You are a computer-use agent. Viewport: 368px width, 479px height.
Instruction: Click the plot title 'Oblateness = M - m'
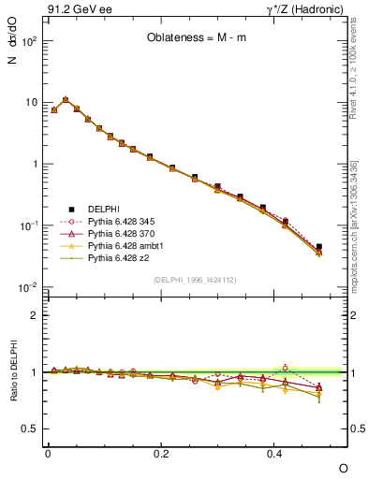click(196, 38)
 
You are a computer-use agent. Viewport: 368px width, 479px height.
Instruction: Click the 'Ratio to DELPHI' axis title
click(13, 372)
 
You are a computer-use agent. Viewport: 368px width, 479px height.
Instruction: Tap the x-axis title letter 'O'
click(343, 468)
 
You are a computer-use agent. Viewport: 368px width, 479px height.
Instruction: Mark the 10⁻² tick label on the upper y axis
click(28, 286)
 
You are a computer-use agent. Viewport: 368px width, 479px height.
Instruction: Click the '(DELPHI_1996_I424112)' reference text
click(195, 279)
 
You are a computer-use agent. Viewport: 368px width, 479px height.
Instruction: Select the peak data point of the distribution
click(66, 99)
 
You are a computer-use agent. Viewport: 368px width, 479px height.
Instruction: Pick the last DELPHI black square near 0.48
click(319, 247)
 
